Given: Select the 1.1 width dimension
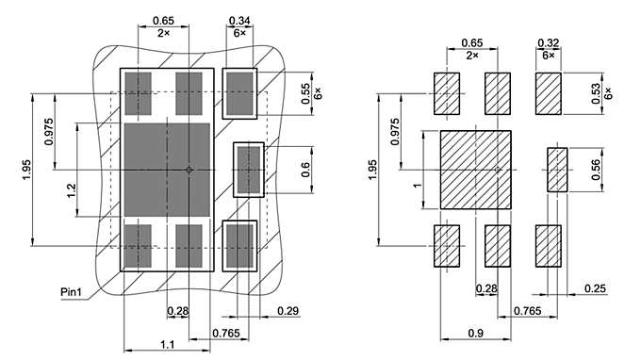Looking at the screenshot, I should point(166,345).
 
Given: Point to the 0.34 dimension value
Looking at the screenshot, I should point(239,20).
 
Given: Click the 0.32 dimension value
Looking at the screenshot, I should point(548,42).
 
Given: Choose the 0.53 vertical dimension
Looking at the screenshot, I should point(593,92).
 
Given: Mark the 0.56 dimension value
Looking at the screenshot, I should point(594,169).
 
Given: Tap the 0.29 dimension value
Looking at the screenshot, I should point(288,311).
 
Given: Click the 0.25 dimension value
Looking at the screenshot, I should point(595,288).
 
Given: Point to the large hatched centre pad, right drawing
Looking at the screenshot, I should point(476,170).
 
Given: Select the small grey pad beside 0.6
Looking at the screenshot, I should point(248,169).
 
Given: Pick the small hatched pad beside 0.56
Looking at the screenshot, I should point(558,170).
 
